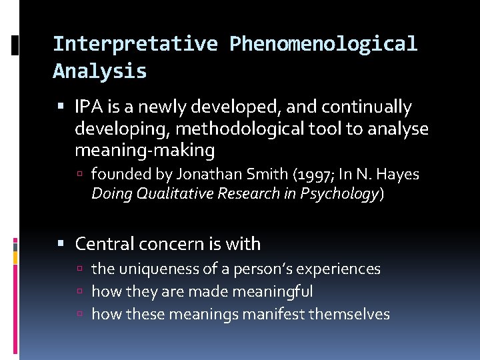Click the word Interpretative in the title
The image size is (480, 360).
(x=135, y=44)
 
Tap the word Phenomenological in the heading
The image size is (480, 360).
(x=323, y=44)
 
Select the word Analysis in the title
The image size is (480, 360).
(x=99, y=71)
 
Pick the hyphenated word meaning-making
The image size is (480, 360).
(x=145, y=151)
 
